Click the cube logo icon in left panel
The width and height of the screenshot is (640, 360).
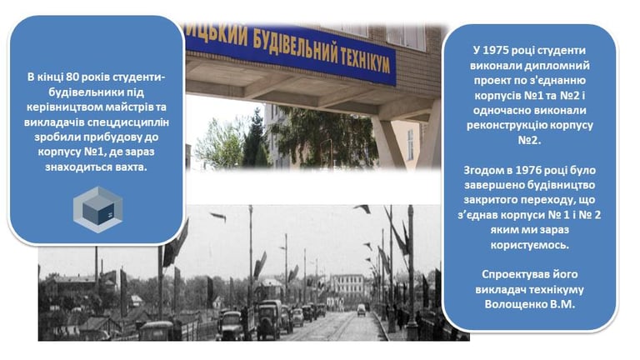98,210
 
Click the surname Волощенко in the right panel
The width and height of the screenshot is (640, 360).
512,304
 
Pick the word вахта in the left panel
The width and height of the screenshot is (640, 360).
131,167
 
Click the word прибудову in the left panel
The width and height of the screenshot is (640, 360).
115,137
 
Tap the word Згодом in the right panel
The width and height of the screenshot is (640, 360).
482,170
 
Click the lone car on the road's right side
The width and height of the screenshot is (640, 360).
361,310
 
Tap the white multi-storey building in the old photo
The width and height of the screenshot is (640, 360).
347,285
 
